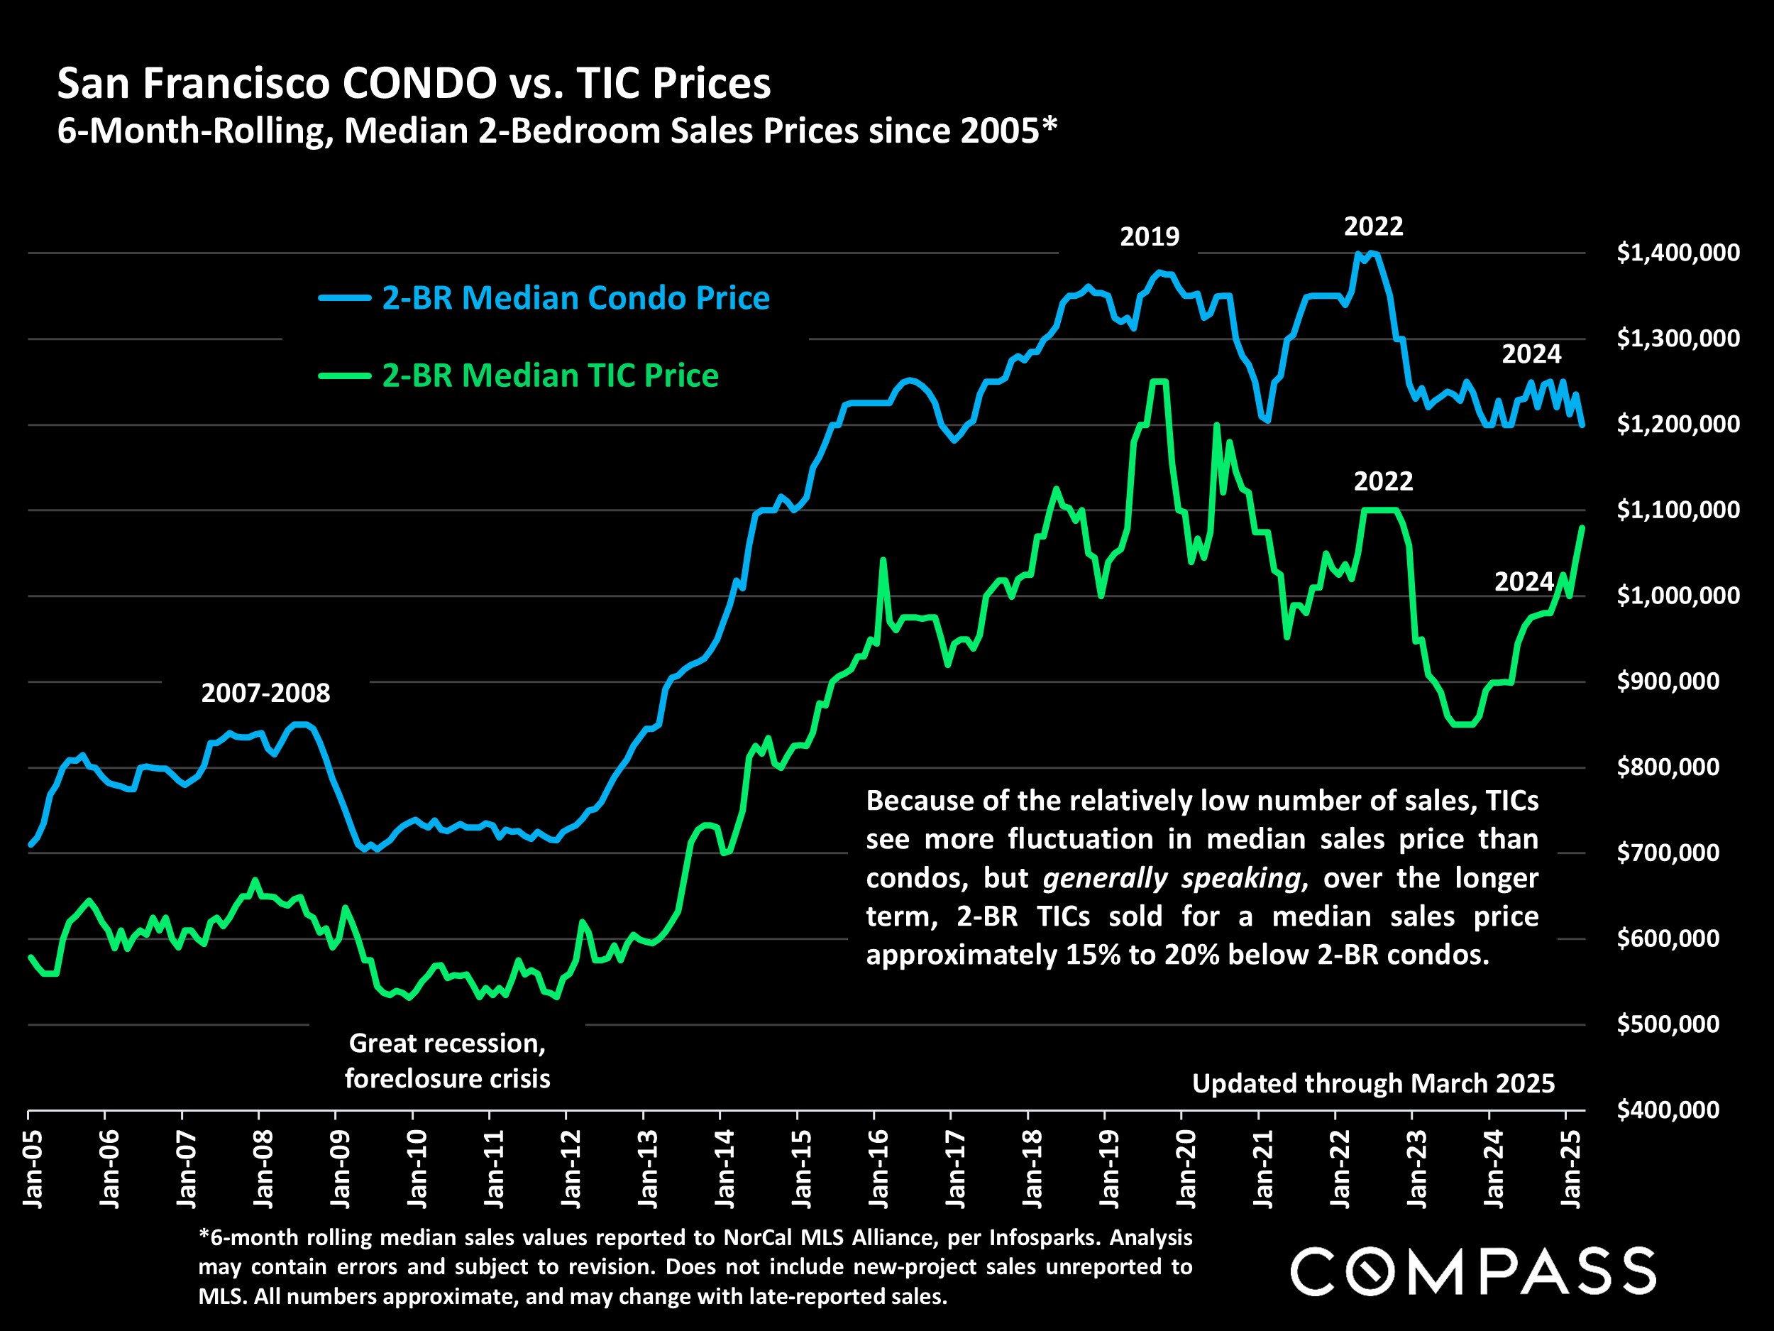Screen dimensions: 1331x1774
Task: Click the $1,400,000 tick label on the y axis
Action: click(x=1677, y=253)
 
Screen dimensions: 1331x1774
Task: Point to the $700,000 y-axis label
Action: click(x=1668, y=852)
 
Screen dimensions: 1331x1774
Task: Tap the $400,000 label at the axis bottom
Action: click(x=1668, y=1110)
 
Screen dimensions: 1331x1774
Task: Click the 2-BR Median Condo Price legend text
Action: click(x=575, y=297)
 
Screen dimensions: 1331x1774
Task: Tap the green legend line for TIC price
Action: click(x=345, y=376)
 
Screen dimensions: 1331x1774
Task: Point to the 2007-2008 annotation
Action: click(x=265, y=693)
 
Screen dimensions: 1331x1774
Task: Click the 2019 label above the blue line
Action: click(x=1150, y=236)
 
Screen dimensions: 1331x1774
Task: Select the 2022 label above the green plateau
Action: click(x=1384, y=481)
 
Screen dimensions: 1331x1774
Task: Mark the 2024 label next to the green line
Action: click(x=1524, y=581)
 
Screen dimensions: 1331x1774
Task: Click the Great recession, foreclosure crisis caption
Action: click(x=448, y=1061)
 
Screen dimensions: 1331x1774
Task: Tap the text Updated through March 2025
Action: click(x=1373, y=1084)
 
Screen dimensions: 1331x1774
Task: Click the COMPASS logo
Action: click(x=1473, y=1271)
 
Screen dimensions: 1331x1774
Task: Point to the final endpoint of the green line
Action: click(x=1582, y=527)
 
